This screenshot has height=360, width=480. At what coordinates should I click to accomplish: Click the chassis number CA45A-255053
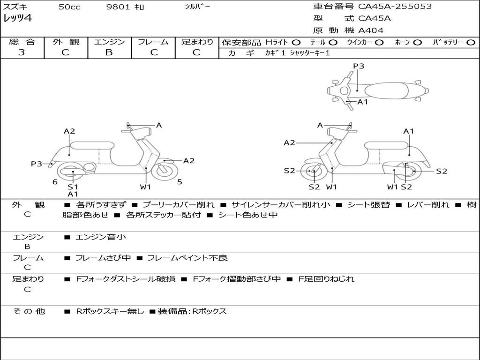pos(395,7)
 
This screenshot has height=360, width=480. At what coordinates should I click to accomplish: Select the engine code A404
pos(371,30)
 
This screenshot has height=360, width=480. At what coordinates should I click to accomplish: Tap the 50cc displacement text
pos(69,7)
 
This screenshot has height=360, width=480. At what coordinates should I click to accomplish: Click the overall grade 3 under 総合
pos(22,52)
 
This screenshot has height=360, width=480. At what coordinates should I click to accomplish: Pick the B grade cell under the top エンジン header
pos(109,52)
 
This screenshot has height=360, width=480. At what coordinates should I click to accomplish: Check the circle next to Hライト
pos(296,42)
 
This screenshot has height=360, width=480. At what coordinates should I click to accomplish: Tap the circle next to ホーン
pos(418,42)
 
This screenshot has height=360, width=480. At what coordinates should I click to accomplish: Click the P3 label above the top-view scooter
pos(359,66)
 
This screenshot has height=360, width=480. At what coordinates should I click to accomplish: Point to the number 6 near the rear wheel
pos(55,182)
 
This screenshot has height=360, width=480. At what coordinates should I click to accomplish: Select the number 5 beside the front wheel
pos(180,182)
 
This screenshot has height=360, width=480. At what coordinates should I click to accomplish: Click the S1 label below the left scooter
pos(73,187)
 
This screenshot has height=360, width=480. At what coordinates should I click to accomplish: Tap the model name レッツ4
pos(17,19)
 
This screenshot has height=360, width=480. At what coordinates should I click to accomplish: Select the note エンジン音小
pos(101,237)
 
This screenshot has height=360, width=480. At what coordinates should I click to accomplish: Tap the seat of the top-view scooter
pos(384,90)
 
